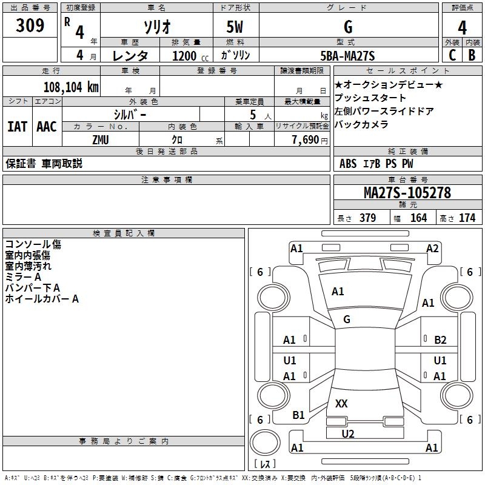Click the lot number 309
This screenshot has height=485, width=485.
pos(30,25)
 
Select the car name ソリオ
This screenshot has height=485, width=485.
pos(157,27)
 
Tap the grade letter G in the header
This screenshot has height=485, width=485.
pos(348,27)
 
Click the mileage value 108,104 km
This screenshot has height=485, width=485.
pos(71,87)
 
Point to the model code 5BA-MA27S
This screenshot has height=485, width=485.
pos(347,56)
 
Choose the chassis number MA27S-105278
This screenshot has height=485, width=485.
pos(407,193)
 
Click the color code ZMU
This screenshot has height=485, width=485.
pos(101,140)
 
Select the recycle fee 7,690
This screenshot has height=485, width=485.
pos(306,140)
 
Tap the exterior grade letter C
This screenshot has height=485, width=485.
pos(452,55)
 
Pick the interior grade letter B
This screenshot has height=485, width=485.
pos(472,55)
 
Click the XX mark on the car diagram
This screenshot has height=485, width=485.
pos(341,404)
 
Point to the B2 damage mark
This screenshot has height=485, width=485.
pos(440,340)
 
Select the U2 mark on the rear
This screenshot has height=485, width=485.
pos(348,434)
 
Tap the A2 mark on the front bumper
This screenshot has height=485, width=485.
pos(432,249)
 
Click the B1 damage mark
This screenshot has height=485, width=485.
pos(298,415)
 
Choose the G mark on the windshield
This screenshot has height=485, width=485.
pos(347,319)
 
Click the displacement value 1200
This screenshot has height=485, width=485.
pos(184,56)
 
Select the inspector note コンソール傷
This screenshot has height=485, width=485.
pos(33,244)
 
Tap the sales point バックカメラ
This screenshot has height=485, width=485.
pos(361,124)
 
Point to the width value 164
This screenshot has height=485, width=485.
pos(418,218)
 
